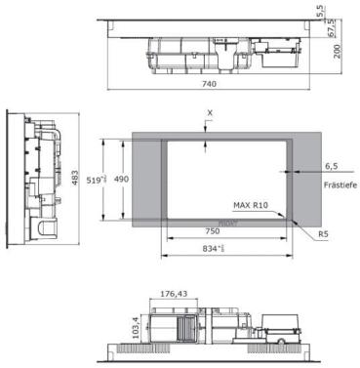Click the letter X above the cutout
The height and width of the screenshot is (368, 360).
point(209,113)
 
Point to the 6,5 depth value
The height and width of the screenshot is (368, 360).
point(330,167)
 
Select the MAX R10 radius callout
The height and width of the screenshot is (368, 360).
point(251,205)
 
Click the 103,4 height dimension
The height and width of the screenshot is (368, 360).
point(136,322)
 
